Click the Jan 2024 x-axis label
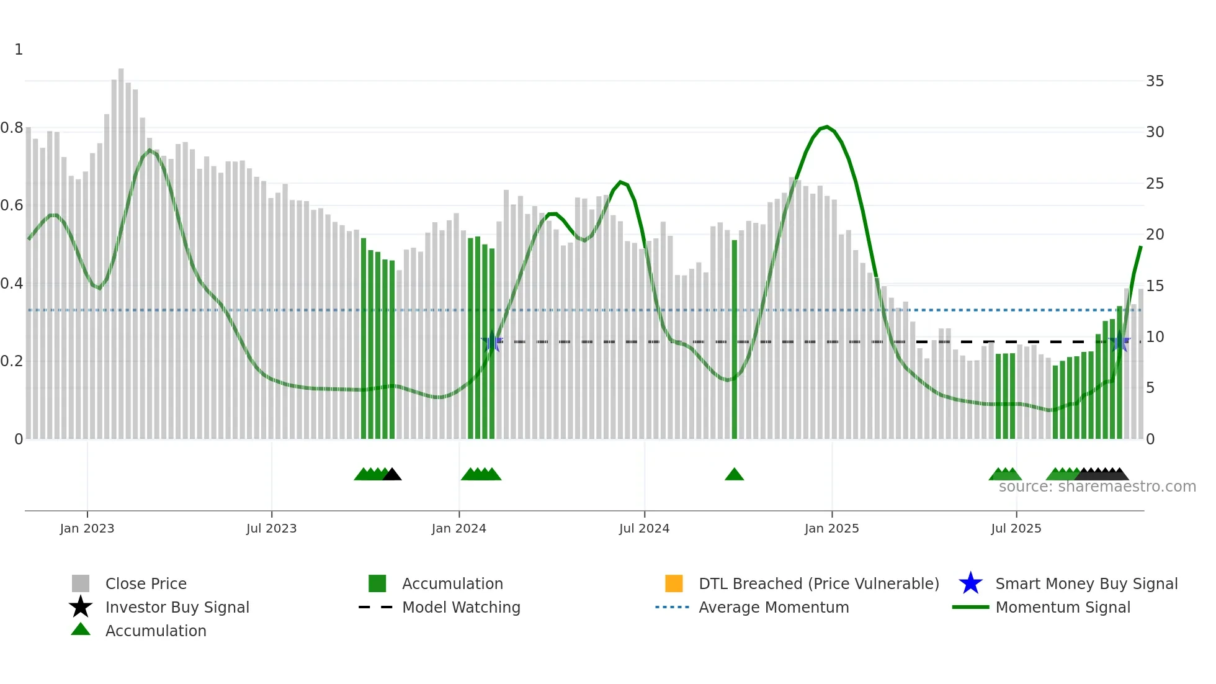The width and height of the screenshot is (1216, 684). [x=458, y=529]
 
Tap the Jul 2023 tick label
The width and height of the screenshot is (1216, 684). [x=271, y=529]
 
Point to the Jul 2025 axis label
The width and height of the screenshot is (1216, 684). [x=1016, y=529]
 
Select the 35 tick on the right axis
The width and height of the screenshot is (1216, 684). [x=1155, y=81]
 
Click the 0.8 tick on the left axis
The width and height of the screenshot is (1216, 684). [x=12, y=128]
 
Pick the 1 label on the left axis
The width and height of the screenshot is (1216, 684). [x=19, y=50]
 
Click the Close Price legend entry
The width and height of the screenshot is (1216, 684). [x=146, y=584]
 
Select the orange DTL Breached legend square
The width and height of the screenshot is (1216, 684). [x=674, y=583]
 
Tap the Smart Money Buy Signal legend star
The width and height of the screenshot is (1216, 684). [x=970, y=583]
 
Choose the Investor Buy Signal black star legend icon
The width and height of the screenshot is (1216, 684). [x=81, y=607]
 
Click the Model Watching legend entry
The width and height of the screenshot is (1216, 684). [x=461, y=608]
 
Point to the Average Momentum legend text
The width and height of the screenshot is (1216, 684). [x=774, y=608]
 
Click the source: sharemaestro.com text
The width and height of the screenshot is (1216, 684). [x=1097, y=487]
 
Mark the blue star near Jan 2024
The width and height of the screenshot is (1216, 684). [x=492, y=341]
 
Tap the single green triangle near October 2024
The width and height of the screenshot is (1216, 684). [x=734, y=475]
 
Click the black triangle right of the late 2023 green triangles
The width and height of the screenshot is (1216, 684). [x=392, y=475]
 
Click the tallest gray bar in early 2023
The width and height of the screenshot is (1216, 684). [x=121, y=248]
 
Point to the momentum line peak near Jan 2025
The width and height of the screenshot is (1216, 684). [x=826, y=127]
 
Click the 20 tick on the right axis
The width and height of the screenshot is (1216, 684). [x=1155, y=235]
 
